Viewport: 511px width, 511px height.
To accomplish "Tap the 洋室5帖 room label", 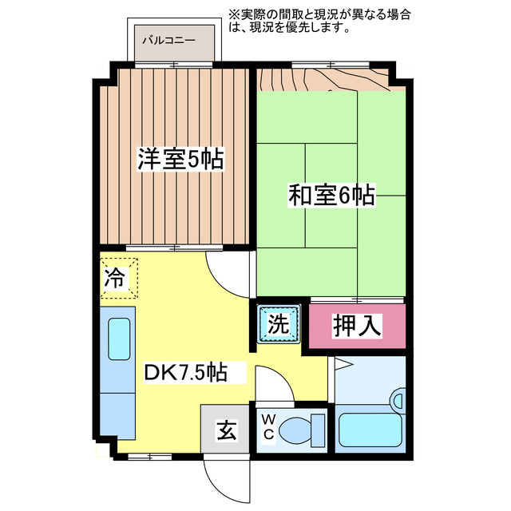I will (180, 159).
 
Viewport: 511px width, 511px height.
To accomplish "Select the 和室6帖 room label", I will (332, 194).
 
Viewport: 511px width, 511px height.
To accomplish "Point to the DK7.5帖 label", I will (185, 372).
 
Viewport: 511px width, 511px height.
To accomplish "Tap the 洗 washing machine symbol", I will (278, 325).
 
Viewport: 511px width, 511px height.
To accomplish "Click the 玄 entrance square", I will (225, 431).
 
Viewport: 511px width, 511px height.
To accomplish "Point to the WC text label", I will (268, 429).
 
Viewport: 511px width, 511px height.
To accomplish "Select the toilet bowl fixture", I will (300, 430).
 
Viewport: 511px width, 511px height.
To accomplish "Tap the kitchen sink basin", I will (118, 339).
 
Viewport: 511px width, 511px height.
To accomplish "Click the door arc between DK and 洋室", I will (227, 271).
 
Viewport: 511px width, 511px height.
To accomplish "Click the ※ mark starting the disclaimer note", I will (232, 14).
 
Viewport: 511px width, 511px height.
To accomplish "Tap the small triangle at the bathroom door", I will (341, 366).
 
